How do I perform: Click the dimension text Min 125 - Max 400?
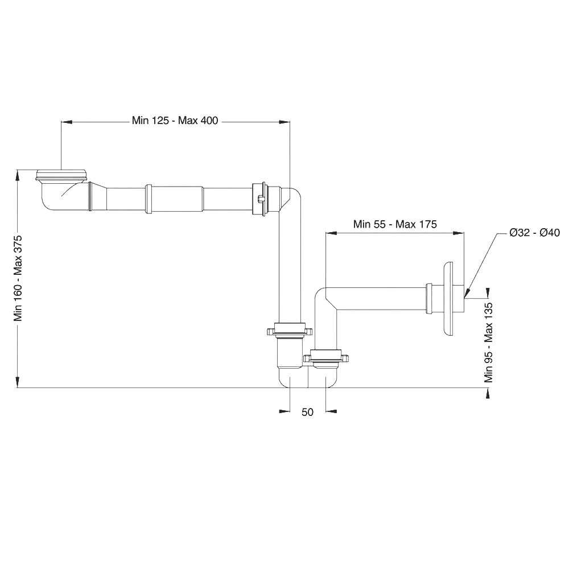pyautogui.click(x=175, y=120)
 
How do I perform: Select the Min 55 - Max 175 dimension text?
pyautogui.click(x=395, y=224)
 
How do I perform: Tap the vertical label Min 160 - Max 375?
pyautogui.click(x=18, y=278)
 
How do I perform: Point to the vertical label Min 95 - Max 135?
pyautogui.click(x=488, y=343)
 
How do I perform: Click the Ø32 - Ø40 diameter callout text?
pyautogui.click(x=534, y=232)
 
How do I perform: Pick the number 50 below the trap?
pyautogui.click(x=307, y=412)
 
